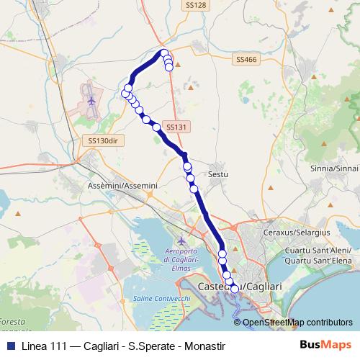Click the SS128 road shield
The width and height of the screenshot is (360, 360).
click(195, 5)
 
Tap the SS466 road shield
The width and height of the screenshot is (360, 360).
click(246, 60)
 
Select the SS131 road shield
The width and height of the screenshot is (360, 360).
click(176, 127)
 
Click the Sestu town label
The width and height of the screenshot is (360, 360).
click(217, 174)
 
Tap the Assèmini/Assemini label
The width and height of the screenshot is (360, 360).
click(122, 186)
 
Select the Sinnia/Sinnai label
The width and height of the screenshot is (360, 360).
click(335, 168)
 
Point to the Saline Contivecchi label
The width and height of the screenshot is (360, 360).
click(160, 298)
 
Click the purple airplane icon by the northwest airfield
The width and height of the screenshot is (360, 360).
click(91, 101)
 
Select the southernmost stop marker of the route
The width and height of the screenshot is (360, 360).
click(234, 289)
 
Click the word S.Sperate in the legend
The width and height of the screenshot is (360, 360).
click(149, 346)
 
